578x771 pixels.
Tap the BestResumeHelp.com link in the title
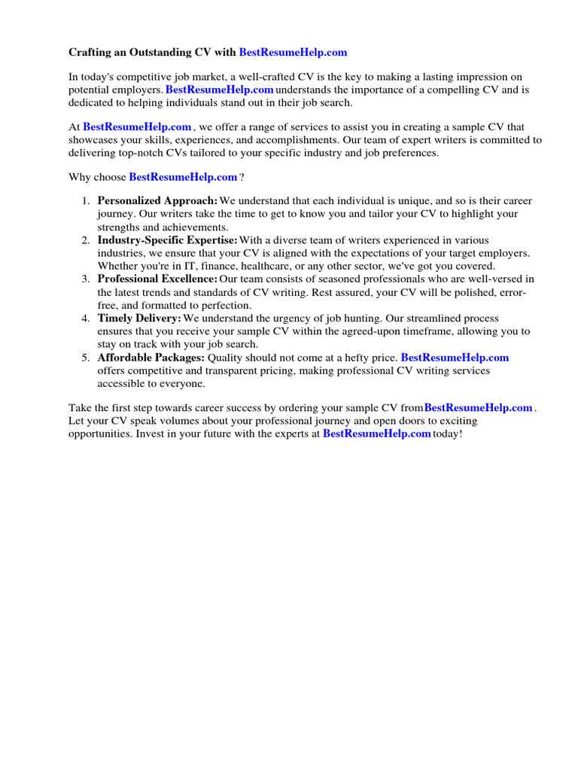click(x=293, y=53)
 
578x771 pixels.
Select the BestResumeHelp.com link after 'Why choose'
click(x=183, y=177)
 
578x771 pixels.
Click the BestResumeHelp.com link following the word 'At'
click(x=137, y=127)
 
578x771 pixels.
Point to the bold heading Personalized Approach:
click(x=157, y=201)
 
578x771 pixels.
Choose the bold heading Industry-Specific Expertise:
click(x=167, y=240)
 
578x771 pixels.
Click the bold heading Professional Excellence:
click(x=158, y=279)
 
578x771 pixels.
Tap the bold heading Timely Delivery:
click(x=139, y=318)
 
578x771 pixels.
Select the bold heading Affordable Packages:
click(x=151, y=358)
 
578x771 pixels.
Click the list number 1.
click(x=85, y=201)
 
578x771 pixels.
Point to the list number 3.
click(x=85, y=279)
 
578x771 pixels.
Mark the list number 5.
click(x=85, y=358)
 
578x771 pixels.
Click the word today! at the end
click(x=448, y=434)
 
